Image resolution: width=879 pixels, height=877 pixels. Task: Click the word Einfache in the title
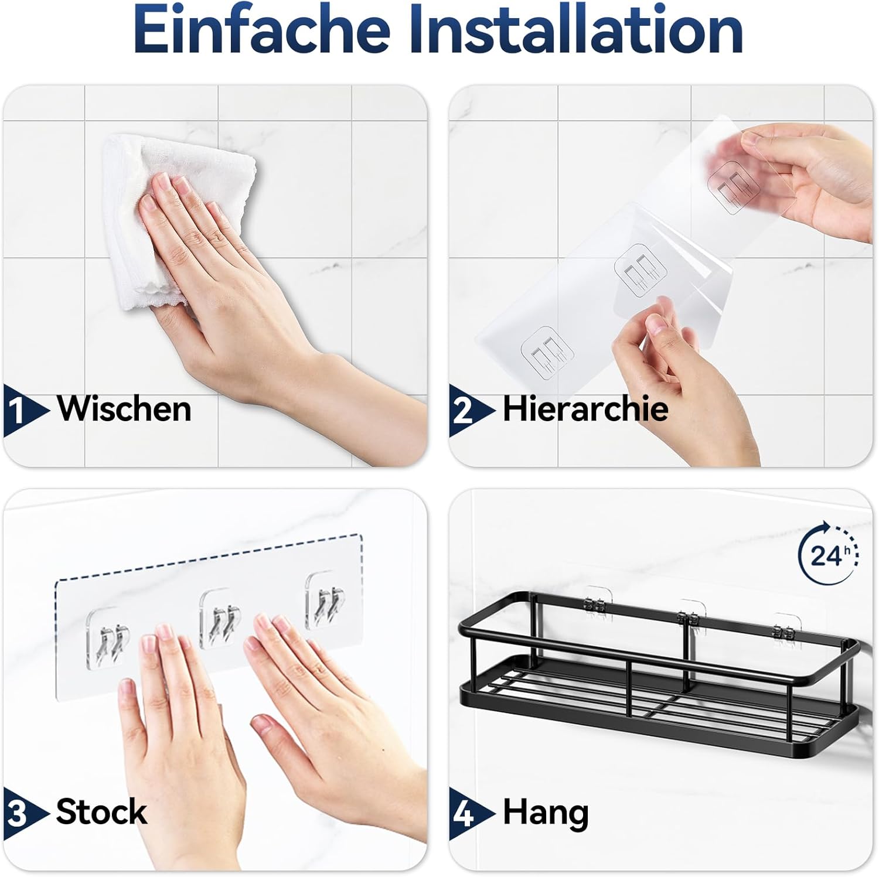(262, 29)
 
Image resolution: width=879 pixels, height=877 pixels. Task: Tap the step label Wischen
(124, 408)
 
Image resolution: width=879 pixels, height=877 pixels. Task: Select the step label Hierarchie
(585, 408)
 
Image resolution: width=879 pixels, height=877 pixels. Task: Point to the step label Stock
(101, 812)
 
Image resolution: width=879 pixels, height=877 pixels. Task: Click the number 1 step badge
(24, 410)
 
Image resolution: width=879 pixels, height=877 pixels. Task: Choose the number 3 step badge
(24, 814)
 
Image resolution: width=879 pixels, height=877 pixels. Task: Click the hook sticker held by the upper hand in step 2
(732, 184)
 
